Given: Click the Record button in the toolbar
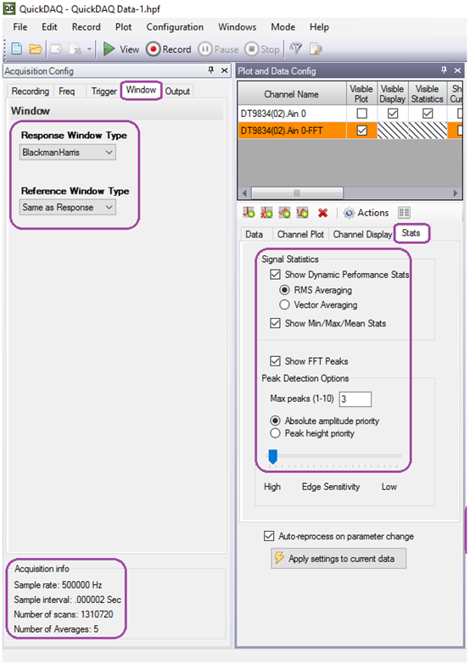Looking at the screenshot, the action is (169, 49).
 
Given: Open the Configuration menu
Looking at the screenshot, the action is (175, 27).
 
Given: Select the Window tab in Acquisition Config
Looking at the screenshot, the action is (141, 90).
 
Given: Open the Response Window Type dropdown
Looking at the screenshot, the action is (68, 153).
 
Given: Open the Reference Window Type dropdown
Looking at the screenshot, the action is (68, 208).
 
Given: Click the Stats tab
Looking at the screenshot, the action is (411, 233).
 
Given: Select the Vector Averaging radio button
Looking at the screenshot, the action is (284, 305).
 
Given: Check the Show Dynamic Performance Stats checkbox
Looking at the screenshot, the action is (275, 275).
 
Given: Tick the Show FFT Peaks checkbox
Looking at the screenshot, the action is (275, 361).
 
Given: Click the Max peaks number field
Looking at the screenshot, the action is (355, 399).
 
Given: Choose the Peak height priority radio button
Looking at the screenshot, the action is (276, 433).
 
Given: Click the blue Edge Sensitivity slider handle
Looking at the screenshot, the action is (273, 456).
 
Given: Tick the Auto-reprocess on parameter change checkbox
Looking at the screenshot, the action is (269, 536).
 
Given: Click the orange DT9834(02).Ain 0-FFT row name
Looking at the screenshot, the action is (282, 131).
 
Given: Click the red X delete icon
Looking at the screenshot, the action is (323, 213).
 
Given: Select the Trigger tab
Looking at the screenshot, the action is (104, 91).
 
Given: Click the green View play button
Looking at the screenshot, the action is (109, 49).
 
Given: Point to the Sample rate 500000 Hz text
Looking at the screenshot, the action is (58, 585).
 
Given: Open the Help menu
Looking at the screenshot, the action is (319, 27).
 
